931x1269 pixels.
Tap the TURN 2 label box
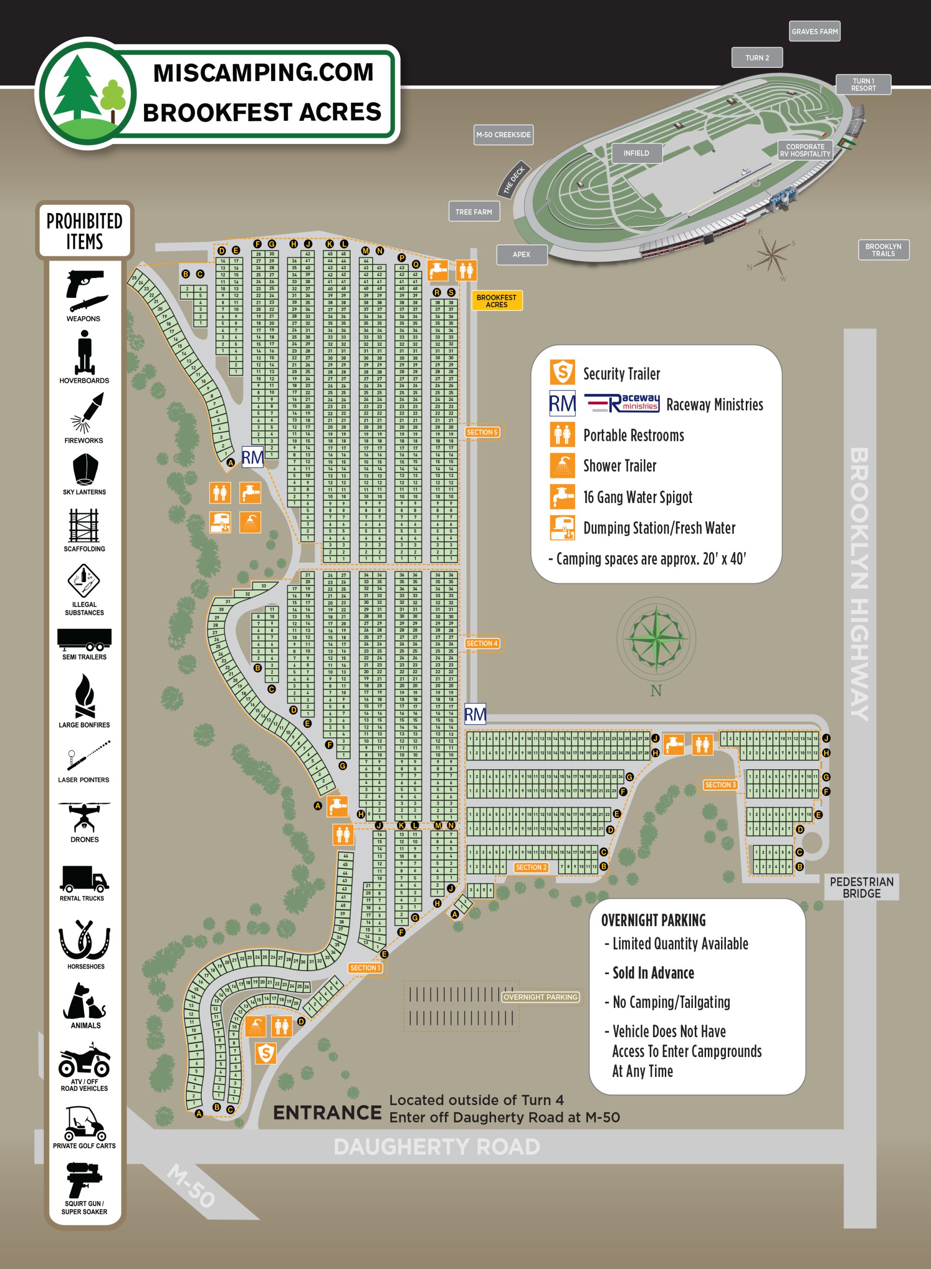[x=757, y=58]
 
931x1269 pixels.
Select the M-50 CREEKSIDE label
[x=503, y=135]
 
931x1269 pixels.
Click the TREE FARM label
[x=473, y=212]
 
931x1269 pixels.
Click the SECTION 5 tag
[x=482, y=432]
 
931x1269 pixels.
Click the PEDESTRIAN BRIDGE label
[x=861, y=887]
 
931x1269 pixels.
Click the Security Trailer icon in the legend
[x=562, y=373]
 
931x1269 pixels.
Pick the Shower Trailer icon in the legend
[x=562, y=466]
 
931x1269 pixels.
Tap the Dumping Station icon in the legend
[x=562, y=528]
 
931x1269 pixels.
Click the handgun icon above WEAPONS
[x=84, y=282]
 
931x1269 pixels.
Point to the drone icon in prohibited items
[x=84, y=817]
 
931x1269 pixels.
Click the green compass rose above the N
[x=656, y=638]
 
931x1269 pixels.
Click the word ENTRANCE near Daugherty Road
[x=327, y=1112]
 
